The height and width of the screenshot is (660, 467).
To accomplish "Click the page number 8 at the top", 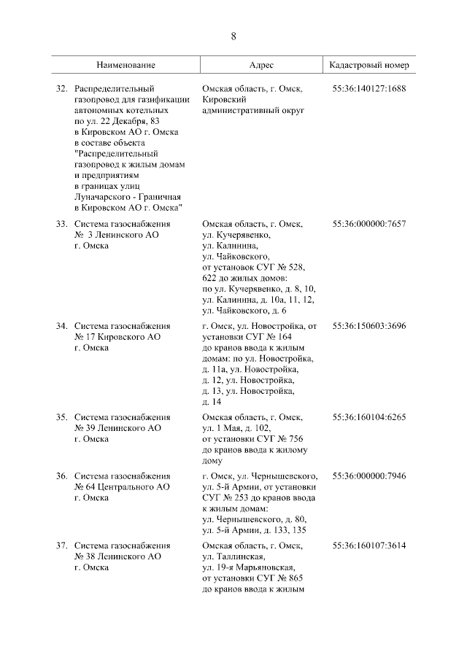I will pos(233,36).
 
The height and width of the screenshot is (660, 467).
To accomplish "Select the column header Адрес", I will pos(261,65).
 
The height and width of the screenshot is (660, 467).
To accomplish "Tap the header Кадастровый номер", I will pos(369,65).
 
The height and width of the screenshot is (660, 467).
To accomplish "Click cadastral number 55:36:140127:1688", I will pos(368,89).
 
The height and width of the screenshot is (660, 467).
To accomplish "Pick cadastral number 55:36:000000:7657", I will pos(368,224).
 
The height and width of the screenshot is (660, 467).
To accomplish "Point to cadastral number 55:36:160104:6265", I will pos(368,416).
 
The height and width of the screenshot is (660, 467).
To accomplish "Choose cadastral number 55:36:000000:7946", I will pos(368,475).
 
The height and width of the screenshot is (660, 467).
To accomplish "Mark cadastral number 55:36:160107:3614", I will pos(368,545).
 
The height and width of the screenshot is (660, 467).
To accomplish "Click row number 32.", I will pos(62,89).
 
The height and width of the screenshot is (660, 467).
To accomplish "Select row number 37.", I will pos(62,545).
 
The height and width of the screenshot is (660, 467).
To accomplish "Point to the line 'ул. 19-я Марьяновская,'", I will pos(249,567).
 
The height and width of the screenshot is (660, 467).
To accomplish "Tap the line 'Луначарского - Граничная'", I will pos(128,197).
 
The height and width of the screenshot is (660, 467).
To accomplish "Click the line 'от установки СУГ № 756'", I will pos(252,438).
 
